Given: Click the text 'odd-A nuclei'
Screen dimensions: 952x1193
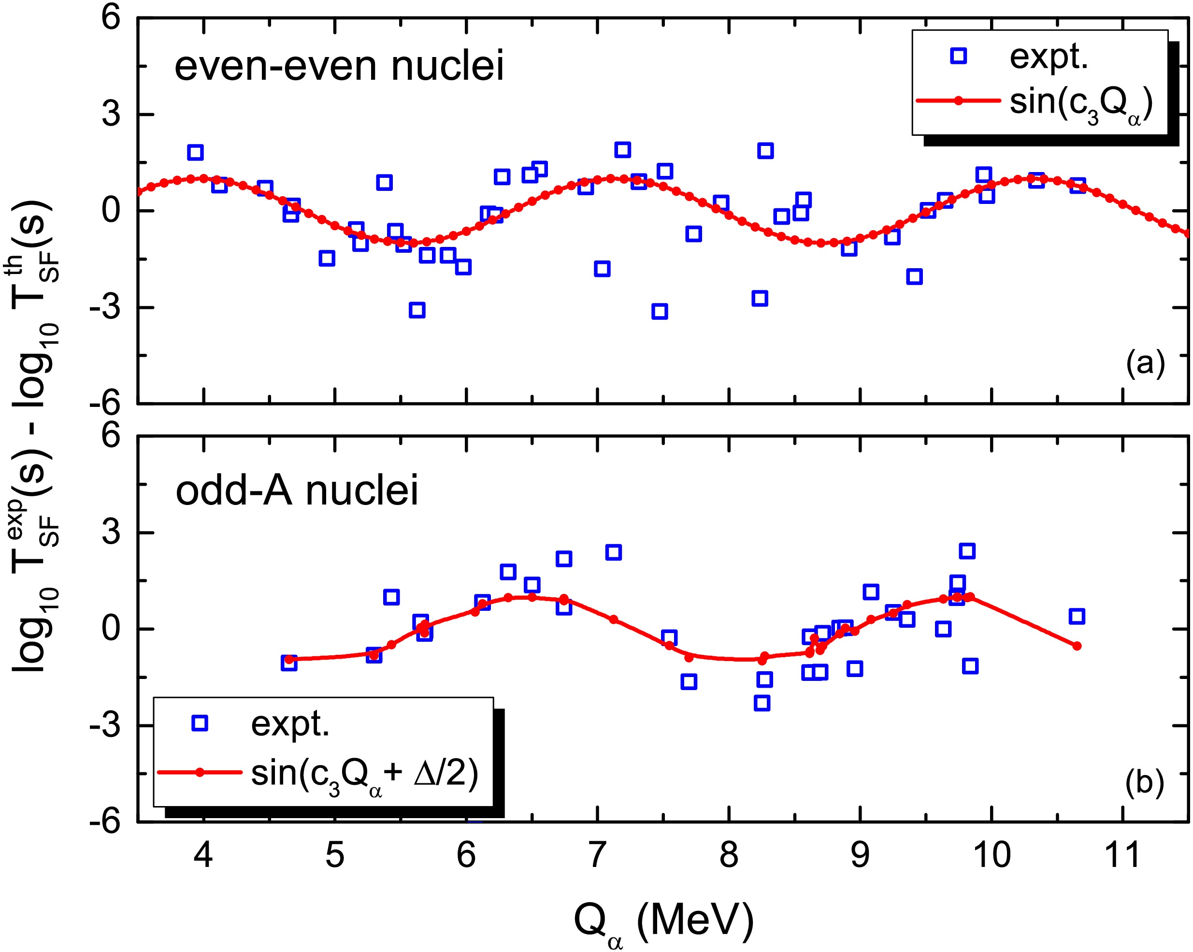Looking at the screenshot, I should [x=297, y=490].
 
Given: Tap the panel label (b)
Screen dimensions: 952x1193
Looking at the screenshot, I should [x=1144, y=783].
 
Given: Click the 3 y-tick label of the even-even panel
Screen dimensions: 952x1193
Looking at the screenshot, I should [x=111, y=115].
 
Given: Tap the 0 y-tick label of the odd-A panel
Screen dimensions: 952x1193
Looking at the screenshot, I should [x=111, y=629].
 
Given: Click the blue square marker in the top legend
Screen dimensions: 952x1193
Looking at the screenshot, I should [x=958, y=56].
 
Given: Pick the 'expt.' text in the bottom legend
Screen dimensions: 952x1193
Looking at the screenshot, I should [x=290, y=723].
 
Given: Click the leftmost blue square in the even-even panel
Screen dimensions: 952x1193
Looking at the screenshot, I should [x=195, y=152].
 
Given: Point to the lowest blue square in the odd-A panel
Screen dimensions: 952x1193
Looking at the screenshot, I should [x=762, y=704].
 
